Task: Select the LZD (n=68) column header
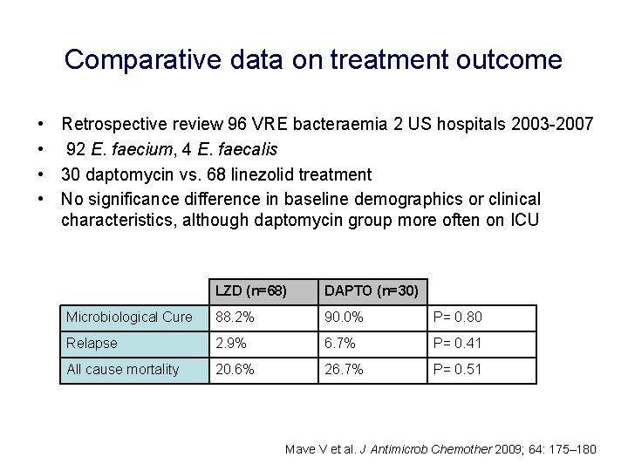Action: point(251,290)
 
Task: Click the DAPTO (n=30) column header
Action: point(371,290)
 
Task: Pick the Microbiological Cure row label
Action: point(129,317)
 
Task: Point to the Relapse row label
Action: point(92,344)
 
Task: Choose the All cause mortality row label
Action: point(123,370)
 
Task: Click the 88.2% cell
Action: point(235,317)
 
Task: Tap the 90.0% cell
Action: point(345,317)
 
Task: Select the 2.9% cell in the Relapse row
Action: point(232,344)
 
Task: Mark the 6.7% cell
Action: point(341,344)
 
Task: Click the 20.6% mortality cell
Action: point(235,370)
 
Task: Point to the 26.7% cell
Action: point(345,370)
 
